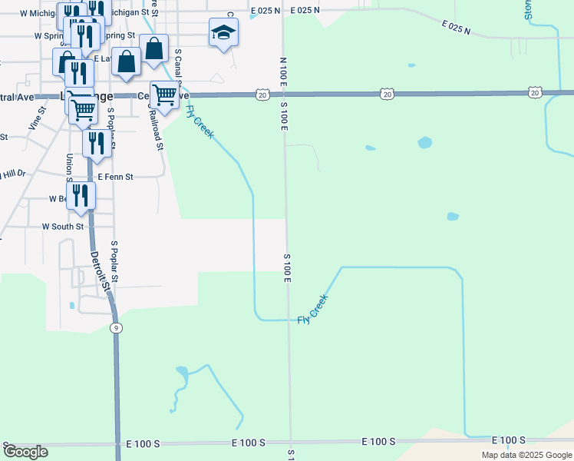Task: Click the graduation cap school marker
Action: coord(223,32)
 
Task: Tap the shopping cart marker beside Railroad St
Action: coord(164,95)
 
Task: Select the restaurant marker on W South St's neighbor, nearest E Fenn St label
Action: coord(96,143)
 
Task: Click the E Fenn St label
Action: coord(115,177)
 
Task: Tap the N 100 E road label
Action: coord(283,71)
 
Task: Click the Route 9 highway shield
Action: coord(115,328)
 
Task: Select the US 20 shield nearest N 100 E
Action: coord(263,95)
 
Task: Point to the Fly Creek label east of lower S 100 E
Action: coord(313,308)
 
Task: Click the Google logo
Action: coord(25,452)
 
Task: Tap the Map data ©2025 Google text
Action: coord(526,455)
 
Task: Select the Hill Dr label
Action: coord(13,174)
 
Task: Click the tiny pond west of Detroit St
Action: coord(72,306)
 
